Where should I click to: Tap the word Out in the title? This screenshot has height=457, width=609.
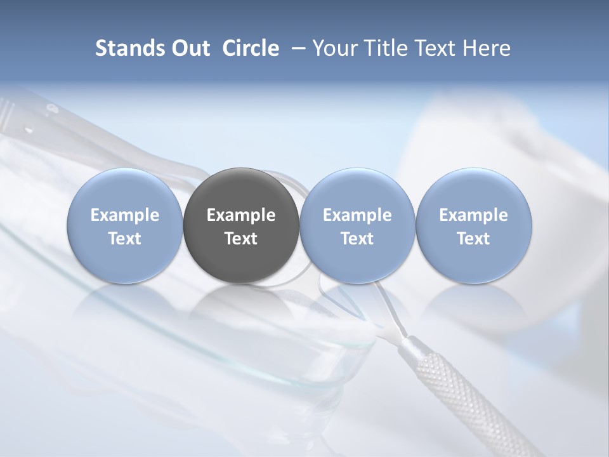point(189,48)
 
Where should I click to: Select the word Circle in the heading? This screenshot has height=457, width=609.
point(251,48)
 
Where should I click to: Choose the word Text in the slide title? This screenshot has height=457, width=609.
point(438,48)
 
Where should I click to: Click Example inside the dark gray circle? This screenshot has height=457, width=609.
point(241,215)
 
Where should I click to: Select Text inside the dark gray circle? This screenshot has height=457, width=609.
point(241,239)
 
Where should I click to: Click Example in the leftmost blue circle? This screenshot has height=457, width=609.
point(125,215)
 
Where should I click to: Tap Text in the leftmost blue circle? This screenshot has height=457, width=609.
point(125,239)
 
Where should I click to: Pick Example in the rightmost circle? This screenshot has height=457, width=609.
point(473,215)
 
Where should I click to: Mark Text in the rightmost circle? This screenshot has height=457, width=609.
point(473,239)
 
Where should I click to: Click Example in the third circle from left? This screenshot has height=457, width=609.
point(357,215)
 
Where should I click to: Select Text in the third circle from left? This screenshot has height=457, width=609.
point(357,239)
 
